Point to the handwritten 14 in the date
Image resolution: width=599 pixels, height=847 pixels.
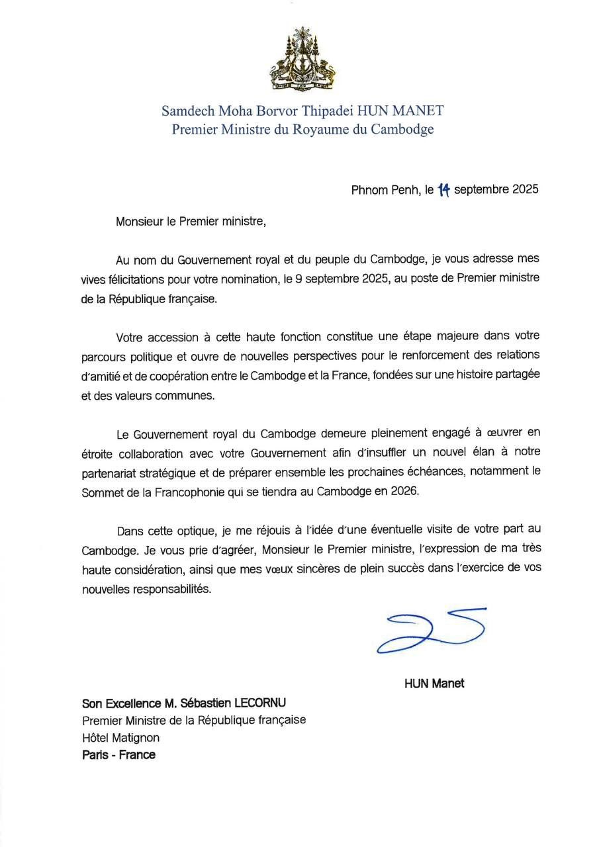443,190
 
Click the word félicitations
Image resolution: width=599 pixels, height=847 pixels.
142,279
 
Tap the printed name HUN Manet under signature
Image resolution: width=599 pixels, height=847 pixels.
434,684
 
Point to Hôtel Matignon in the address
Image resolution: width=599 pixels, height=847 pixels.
120,737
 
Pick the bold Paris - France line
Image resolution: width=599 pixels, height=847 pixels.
118,755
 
